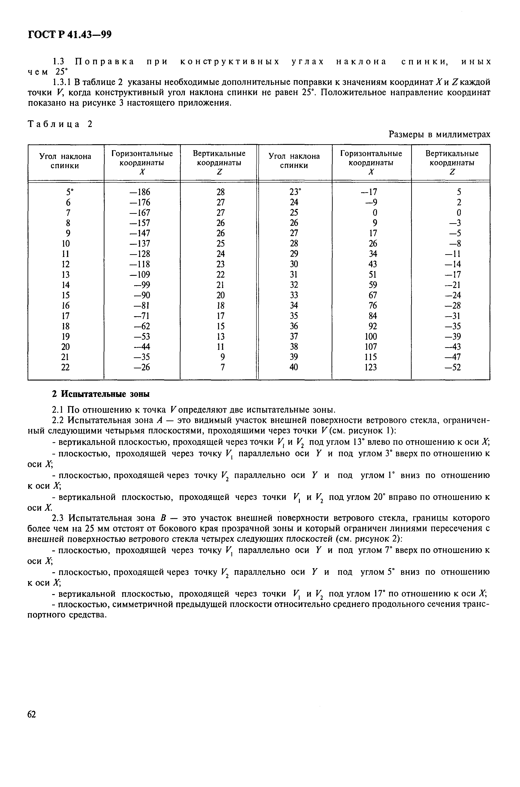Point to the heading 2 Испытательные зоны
[x=101, y=394]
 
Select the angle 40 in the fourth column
[x=294, y=367]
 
